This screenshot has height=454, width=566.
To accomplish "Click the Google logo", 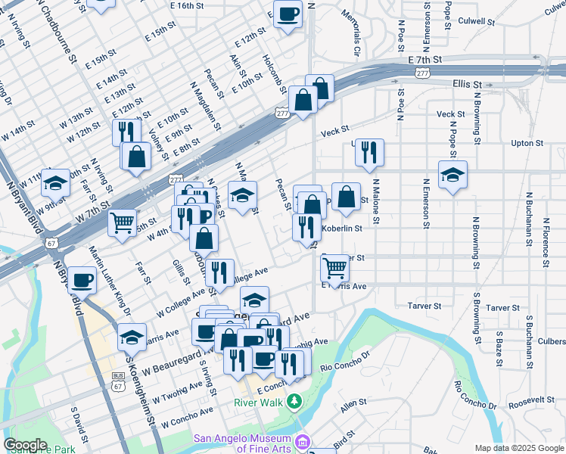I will pyautogui.click(x=25, y=445).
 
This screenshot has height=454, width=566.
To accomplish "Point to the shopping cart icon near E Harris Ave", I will pyautogui.click(x=335, y=268).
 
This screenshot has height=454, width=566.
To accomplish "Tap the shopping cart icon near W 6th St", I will pyautogui.click(x=122, y=222).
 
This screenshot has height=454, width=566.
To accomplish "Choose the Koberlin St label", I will pyautogui.click(x=343, y=228).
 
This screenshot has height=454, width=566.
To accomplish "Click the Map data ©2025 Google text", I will pyautogui.click(x=518, y=448).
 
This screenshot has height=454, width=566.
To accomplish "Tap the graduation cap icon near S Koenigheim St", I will pyautogui.click(x=132, y=336).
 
